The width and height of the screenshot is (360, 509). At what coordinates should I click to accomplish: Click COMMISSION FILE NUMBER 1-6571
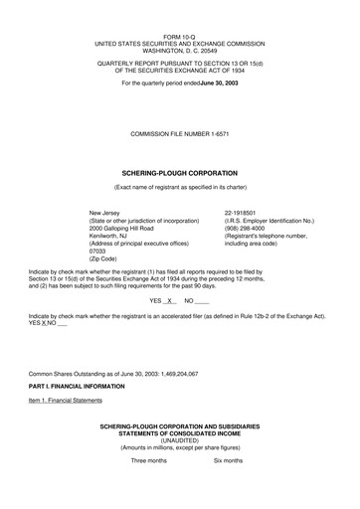180,132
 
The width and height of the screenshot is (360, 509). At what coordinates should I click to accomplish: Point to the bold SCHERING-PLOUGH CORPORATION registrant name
180,172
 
